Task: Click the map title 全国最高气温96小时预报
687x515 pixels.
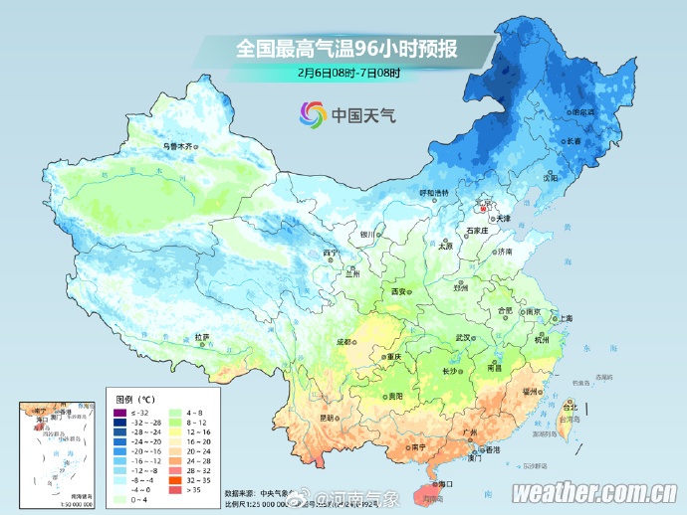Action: click(347, 48)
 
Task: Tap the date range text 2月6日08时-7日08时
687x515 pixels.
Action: click(347, 73)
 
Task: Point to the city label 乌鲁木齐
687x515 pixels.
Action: click(176, 146)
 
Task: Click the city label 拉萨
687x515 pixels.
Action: click(202, 337)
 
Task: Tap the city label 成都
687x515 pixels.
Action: click(344, 341)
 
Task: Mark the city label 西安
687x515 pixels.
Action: click(399, 291)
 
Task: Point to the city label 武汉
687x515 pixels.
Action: click(462, 337)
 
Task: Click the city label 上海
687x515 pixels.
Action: click(565, 318)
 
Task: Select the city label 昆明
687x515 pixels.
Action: click(327, 417)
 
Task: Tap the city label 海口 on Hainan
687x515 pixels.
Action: click(445, 483)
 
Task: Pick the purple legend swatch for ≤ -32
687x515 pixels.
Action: click(119, 413)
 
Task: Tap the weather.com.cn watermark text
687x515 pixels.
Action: click(594, 491)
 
